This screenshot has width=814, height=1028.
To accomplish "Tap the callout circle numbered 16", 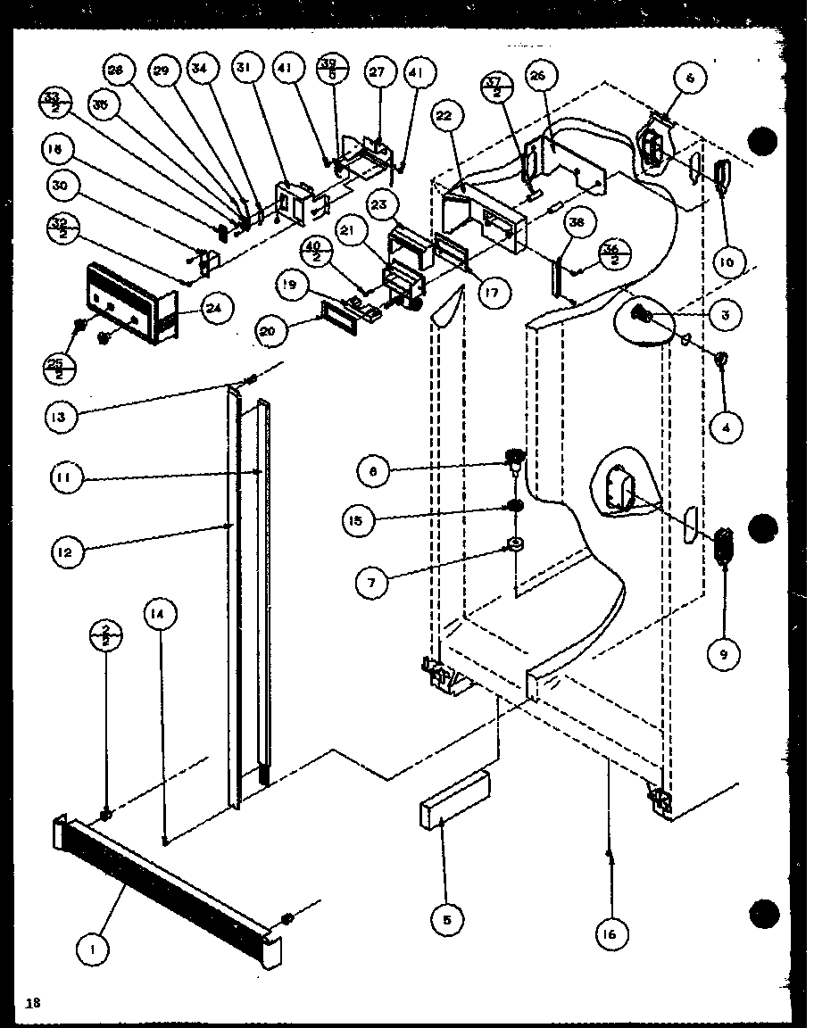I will coord(610,933).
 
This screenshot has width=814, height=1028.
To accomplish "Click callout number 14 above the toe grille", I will coord(160,613).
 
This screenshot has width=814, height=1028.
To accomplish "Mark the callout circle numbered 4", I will coord(727,428).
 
